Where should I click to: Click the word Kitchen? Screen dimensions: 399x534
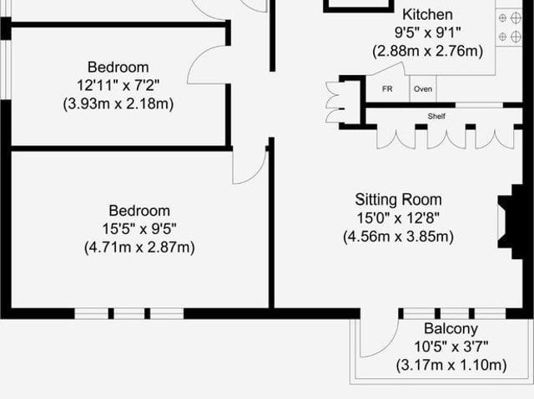(427, 14)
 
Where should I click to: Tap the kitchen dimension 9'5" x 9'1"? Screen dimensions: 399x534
(428, 32)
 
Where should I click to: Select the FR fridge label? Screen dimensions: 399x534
(387, 88)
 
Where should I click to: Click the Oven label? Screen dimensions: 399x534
(423, 88)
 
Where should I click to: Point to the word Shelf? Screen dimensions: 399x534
(436, 116)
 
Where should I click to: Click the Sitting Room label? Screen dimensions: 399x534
(398, 200)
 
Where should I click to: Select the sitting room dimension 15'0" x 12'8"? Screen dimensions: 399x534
(398, 218)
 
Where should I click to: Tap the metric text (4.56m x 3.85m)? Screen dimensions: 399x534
(398, 237)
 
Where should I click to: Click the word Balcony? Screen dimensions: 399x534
(451, 329)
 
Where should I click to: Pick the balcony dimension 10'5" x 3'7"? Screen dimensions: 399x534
(451, 347)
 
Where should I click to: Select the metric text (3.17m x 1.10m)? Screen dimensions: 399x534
(451, 365)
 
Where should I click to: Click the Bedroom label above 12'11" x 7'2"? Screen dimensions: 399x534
(118, 67)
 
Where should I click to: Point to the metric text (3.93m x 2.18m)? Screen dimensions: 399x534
(118, 104)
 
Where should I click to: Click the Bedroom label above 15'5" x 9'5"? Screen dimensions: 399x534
(139, 211)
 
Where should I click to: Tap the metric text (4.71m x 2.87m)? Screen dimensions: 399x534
(139, 247)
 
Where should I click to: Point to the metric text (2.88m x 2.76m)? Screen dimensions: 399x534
(428, 51)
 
